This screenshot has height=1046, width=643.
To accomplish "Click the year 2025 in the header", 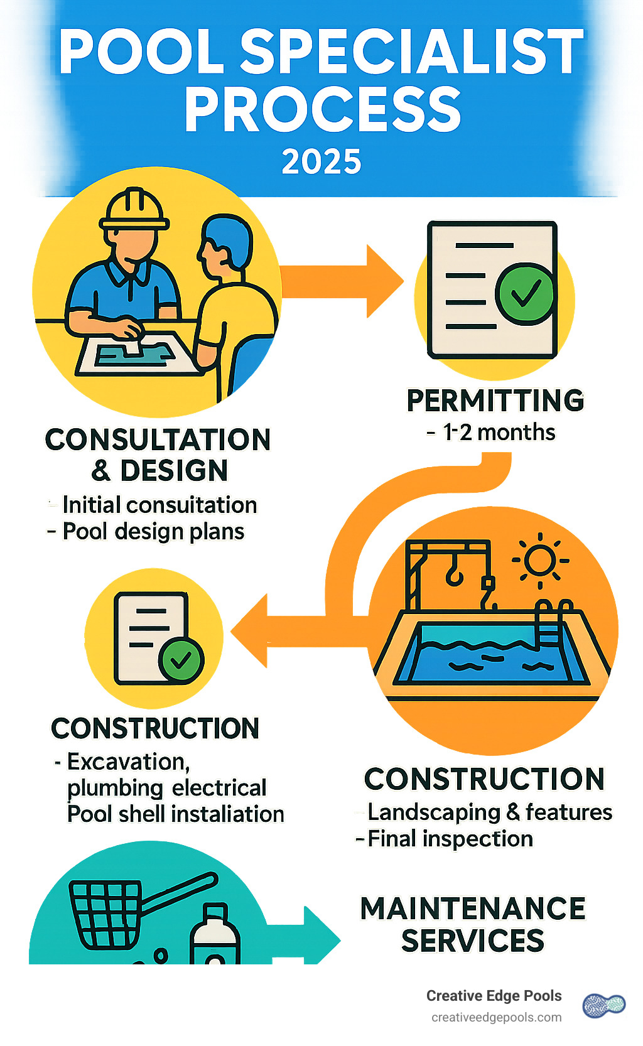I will coord(321,162).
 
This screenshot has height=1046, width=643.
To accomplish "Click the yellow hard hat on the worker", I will coord(134,209).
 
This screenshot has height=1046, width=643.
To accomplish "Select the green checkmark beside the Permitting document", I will coord(526,293).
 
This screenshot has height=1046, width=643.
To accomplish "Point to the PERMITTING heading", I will coord(495,401).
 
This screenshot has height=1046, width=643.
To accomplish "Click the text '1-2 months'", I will coord(499,433).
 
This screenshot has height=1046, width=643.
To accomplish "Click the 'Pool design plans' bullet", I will coord(153,532).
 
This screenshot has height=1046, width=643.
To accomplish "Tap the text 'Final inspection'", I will coord(450,839).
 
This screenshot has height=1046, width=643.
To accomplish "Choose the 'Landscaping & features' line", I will coord(489,812).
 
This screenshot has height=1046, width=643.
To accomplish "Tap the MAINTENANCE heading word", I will coord(472,909).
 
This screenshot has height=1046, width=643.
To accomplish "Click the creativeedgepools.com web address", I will coord(496,1017).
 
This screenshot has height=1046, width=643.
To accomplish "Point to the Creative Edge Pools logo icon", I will coord(603,1005).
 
